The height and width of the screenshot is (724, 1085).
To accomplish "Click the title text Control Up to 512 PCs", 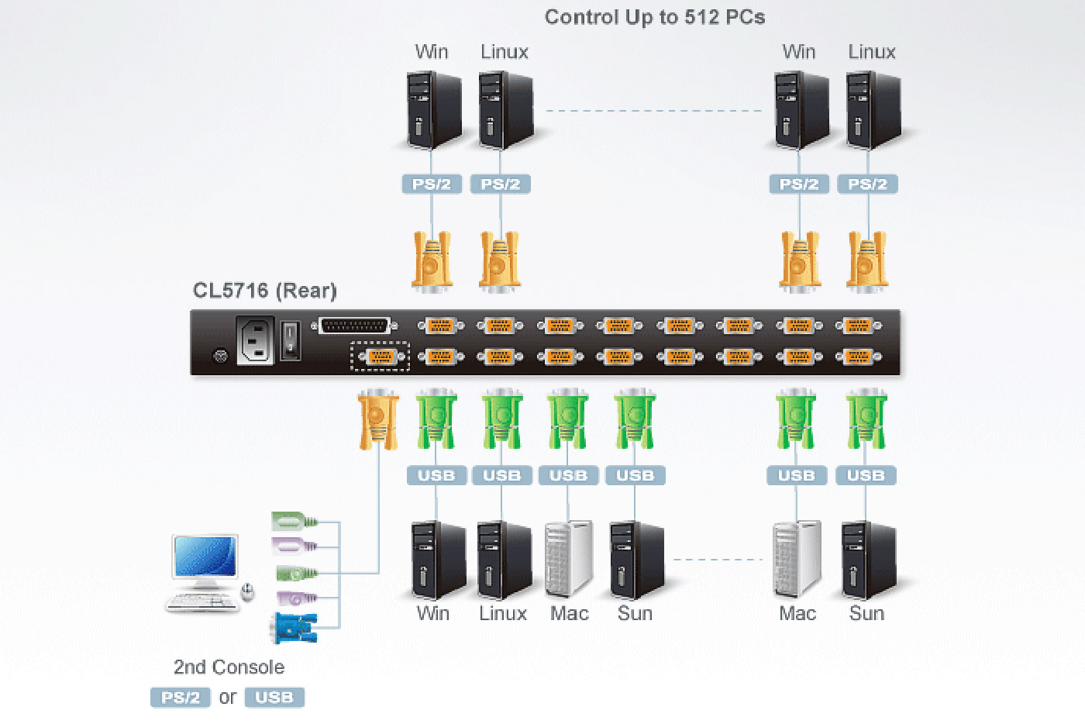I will (655, 17).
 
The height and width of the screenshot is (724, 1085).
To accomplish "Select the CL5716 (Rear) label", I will (264, 291).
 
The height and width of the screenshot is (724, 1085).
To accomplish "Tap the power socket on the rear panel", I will (255, 341).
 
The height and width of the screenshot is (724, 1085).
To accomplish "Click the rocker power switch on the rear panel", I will (290, 340).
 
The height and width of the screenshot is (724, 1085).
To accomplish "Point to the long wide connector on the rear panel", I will (354, 326).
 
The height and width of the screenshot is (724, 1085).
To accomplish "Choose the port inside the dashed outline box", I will (380, 357).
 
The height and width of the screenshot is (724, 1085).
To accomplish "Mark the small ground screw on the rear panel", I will (220, 357).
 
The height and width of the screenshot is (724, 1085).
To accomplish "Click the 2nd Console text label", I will (229, 667).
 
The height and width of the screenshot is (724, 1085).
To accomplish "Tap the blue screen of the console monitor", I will (205, 556).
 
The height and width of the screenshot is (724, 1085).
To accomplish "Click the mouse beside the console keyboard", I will (247, 593).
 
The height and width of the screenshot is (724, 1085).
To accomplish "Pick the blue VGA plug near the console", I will (294, 629).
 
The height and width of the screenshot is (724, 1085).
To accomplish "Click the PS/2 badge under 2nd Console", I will (181, 698).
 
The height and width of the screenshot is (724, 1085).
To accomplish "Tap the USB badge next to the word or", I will (274, 698).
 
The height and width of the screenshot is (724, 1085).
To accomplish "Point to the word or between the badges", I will (227, 698).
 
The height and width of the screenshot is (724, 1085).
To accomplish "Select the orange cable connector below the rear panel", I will (378, 419).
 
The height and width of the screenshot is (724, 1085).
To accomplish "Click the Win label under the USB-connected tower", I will (432, 614).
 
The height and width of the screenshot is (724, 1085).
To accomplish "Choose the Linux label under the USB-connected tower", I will (502, 614).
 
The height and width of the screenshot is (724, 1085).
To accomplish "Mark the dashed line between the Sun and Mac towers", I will (718, 559).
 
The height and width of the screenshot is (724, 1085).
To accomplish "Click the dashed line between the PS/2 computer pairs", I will (654, 111).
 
